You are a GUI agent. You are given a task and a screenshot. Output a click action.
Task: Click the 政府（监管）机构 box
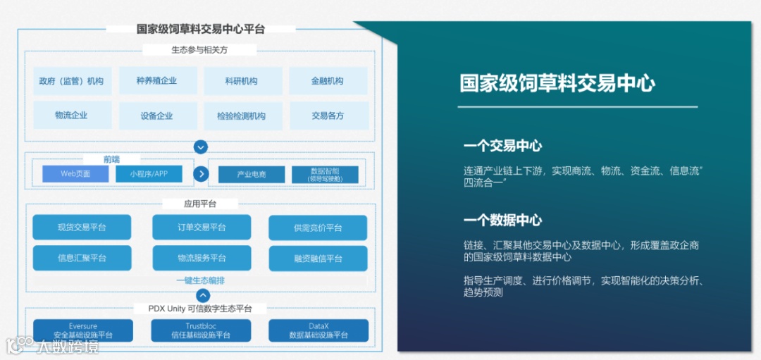pyautogui.click(x=71, y=81)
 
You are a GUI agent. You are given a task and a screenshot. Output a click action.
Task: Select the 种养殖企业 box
pyautogui.click(x=157, y=81)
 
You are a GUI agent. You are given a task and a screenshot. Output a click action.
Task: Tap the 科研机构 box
pyautogui.click(x=242, y=81)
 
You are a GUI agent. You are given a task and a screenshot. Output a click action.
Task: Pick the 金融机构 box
pyautogui.click(x=328, y=81)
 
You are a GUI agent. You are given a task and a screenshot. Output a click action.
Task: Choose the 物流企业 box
pyautogui.click(x=71, y=116)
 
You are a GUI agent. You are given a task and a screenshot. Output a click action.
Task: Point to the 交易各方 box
pyautogui.click(x=328, y=116)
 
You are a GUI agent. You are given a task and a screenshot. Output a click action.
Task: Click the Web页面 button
pyautogui.click(x=75, y=174)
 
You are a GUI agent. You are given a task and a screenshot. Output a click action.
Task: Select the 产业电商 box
pyautogui.click(x=252, y=175)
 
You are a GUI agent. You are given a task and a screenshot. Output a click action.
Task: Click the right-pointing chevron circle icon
pyautogui.click(x=202, y=174)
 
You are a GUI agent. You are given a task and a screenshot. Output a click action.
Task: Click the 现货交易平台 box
pyautogui.click(x=82, y=228)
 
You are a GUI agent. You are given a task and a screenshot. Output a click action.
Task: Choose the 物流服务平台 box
pyautogui.click(x=202, y=259)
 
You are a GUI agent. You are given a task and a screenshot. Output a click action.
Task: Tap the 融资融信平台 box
pyautogui.click(x=318, y=259)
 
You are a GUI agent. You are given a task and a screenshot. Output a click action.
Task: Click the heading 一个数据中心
pyautogui.click(x=502, y=221)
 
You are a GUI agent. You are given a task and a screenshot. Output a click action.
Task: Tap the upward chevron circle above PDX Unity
pyautogui.click(x=203, y=296)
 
